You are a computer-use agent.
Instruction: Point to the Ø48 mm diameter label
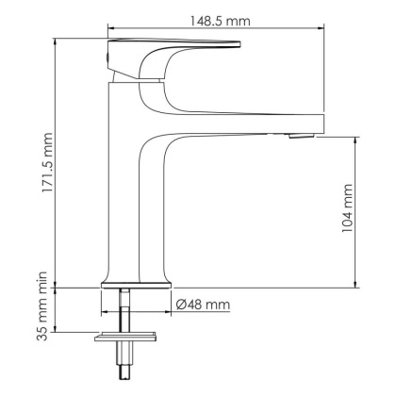pyautogui.click(x=203, y=305)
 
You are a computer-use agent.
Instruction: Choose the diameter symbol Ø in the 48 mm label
pyautogui.click(x=181, y=305)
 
